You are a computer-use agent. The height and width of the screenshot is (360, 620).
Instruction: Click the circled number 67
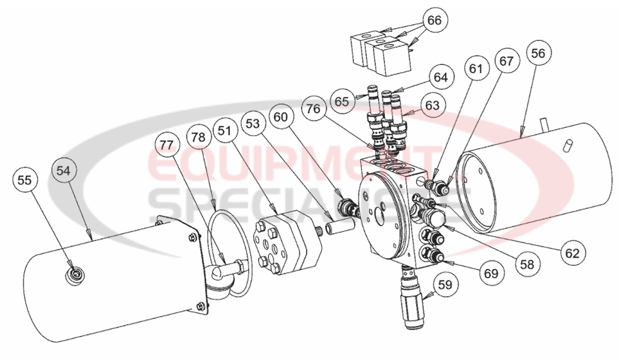507,61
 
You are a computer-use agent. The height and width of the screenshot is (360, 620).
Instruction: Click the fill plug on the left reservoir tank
75,274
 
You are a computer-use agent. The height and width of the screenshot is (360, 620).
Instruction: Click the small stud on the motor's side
567,146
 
